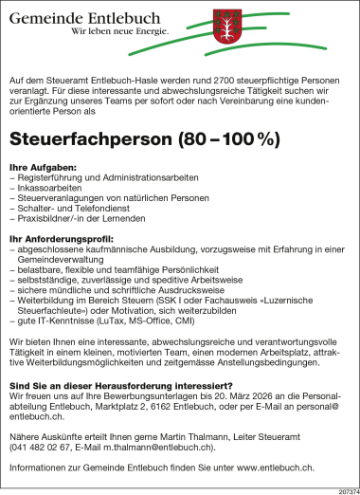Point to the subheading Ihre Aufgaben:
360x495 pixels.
(43, 165)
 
